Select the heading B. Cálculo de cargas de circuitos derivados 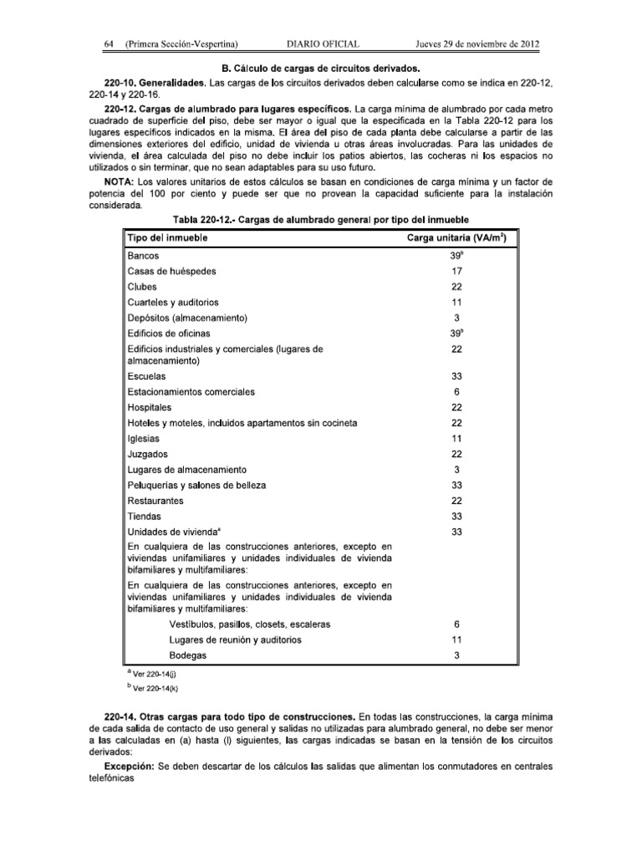[321, 67]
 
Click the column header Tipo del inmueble [167, 238]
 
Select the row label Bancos [143, 257]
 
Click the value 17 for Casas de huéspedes [456, 272]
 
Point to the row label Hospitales [150, 407]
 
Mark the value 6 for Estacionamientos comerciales [456, 392]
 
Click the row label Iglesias [143, 438]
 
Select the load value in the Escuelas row [456, 377]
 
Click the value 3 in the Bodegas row [456, 655]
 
